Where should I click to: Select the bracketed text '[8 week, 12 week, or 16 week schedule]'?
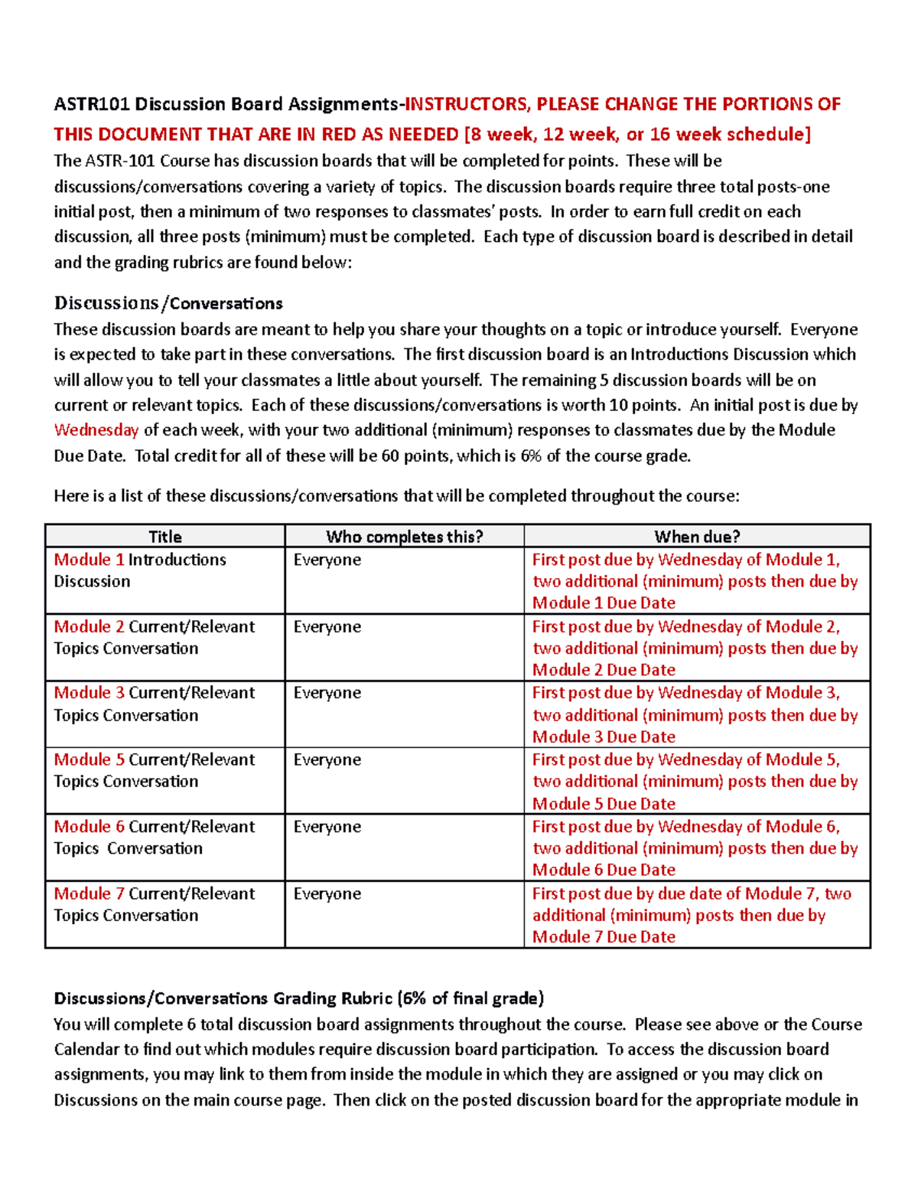pos(637,135)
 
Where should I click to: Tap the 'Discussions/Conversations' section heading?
pos(168,303)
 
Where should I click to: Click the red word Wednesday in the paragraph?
pos(96,430)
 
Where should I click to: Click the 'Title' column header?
pos(164,537)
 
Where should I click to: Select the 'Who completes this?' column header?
pos(404,537)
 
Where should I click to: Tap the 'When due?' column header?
pos(697,537)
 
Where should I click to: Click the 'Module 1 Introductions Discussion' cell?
pos(140,570)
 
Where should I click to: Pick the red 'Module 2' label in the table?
pos(89,627)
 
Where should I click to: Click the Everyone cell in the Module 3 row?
pos(327,694)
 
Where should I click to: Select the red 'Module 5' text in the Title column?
pos(89,760)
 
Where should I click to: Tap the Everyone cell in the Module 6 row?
pos(327,828)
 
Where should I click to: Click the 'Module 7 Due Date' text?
pos(604,937)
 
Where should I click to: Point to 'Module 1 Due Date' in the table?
pos(604,603)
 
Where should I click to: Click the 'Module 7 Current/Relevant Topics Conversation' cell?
pos(154,905)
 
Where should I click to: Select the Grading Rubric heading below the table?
pos(298,998)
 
